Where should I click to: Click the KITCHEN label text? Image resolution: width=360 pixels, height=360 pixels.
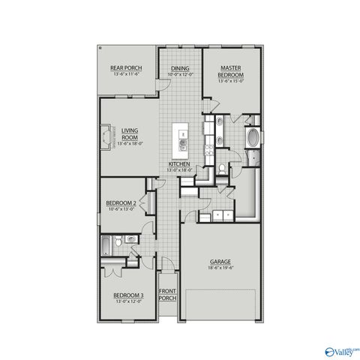click(x=178, y=163)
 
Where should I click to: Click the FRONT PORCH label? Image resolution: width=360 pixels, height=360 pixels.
click(x=167, y=294)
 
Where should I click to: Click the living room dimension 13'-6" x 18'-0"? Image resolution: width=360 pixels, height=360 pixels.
click(x=130, y=142)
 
